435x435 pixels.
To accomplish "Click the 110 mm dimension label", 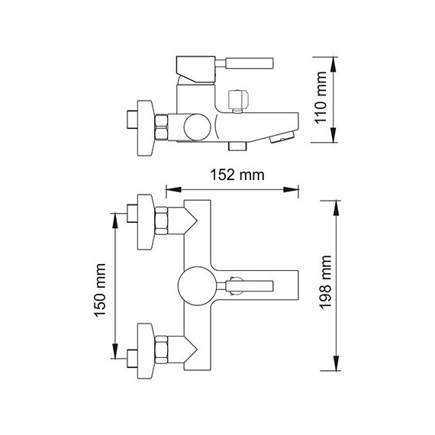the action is pos(321,98).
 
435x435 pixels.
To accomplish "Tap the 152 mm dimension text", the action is pos(237,175).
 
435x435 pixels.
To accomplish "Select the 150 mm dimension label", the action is pos(100,290).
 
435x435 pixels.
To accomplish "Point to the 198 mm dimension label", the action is pos(325,282).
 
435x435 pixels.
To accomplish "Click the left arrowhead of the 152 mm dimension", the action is pos(173,189).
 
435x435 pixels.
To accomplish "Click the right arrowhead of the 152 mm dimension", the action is pos(291,189).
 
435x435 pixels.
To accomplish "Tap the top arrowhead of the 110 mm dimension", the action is pos(333,65).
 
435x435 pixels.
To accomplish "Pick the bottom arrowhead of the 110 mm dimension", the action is pos(333,135).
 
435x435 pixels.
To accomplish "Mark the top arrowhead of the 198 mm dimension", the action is pos(337,208).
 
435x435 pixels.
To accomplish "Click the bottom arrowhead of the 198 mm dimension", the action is pos(337,362).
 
